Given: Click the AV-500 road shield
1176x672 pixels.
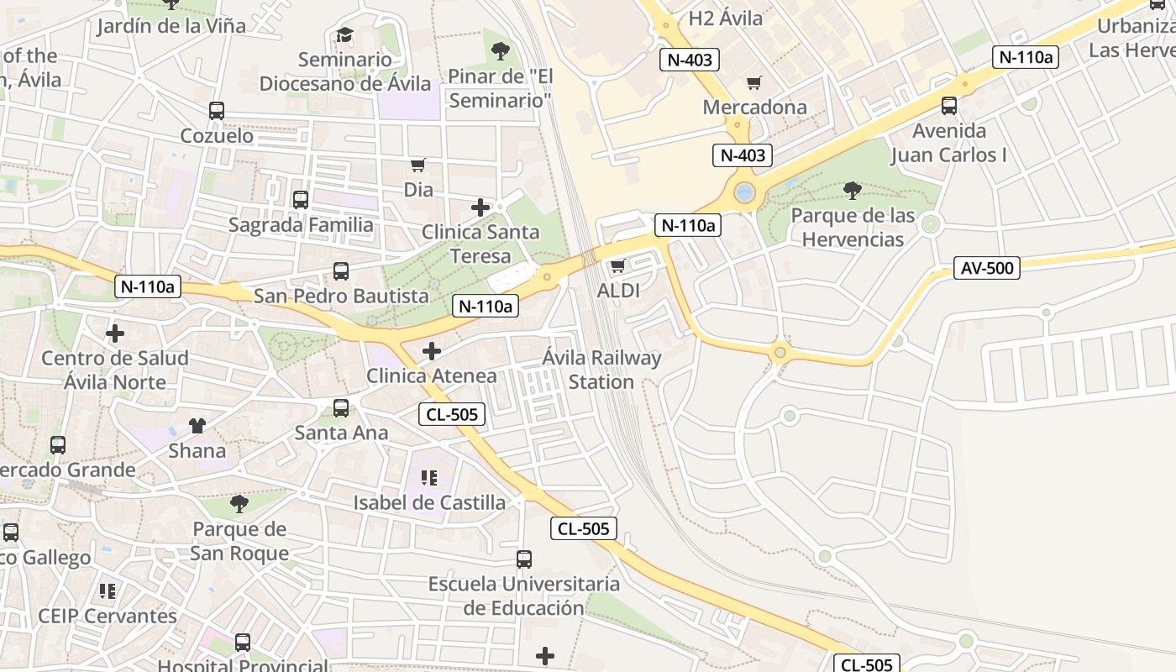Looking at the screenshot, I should pos(986,269).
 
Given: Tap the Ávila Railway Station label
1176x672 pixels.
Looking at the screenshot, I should pos(601,370).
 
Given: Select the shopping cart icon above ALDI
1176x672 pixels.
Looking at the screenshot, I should pos(617,266).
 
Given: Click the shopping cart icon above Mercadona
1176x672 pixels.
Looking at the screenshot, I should pos(753,82).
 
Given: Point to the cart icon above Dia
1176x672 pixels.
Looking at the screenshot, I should pos(417,165).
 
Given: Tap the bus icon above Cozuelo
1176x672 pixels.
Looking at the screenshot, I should pos(216,110).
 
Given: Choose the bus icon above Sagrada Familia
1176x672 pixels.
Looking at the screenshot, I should pos(300,200).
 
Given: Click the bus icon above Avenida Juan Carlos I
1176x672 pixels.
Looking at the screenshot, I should pos(948,106).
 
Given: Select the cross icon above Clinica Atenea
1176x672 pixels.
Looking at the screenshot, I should pos(432,351).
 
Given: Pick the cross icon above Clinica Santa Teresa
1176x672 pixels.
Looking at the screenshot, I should pos(480,207).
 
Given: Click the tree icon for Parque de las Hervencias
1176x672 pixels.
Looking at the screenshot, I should pos(852,191).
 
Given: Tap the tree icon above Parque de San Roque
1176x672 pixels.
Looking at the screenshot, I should pos(239,504).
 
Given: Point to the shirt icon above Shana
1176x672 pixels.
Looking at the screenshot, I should pos(197,426).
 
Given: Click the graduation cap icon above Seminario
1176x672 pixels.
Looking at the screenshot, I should pos(344,35).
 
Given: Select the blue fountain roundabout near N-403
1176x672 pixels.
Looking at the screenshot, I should pos(744,193).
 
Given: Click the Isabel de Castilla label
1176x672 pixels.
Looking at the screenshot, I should pos(429,503).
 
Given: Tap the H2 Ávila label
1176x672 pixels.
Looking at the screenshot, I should pos(725,18).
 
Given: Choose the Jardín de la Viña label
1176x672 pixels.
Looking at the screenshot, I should pos(171,26).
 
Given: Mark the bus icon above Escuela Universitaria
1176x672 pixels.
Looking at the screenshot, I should pos(523,559).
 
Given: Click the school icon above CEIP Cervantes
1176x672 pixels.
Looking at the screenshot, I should pos(107,591).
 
